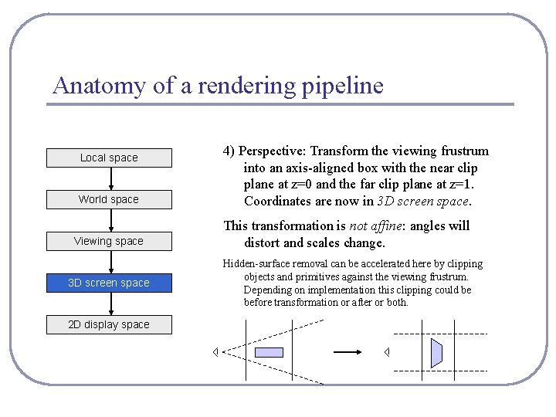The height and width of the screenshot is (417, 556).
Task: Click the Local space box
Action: tap(109, 158)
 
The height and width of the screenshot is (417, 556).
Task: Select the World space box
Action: tap(109, 199)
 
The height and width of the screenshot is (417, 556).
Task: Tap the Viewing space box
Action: tap(109, 241)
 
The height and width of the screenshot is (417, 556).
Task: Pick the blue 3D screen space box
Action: tap(109, 283)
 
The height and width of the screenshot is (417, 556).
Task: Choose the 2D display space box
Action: tap(109, 324)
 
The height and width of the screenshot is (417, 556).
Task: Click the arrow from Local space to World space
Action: tap(111, 178)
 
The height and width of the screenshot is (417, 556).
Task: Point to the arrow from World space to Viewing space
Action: tap(111, 220)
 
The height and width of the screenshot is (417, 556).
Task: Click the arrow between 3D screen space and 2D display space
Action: tap(111, 303)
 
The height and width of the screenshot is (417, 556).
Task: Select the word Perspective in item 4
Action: tap(275, 151)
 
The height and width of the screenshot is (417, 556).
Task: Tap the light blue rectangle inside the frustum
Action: tap(269, 352)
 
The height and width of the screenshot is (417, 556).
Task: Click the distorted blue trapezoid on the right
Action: tap(436, 352)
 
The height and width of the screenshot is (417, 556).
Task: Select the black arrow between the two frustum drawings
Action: tap(347, 352)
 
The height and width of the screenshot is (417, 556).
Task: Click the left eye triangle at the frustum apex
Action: tap(216, 352)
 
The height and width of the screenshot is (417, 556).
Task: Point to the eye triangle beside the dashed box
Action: tap(387, 352)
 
